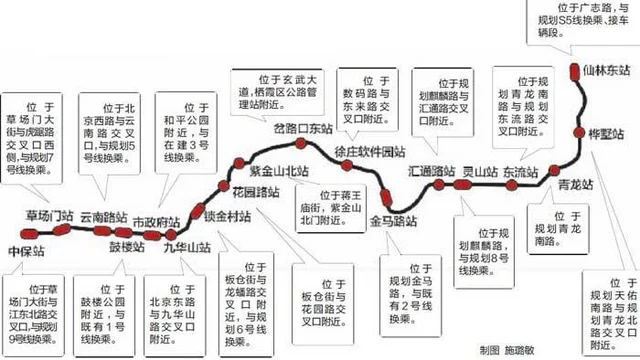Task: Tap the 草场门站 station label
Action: click(x=50, y=217)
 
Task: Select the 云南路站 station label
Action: click(x=104, y=217)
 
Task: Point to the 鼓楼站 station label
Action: click(x=127, y=246)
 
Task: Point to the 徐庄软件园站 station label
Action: click(x=369, y=151)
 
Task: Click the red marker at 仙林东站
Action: click(x=573, y=71)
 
